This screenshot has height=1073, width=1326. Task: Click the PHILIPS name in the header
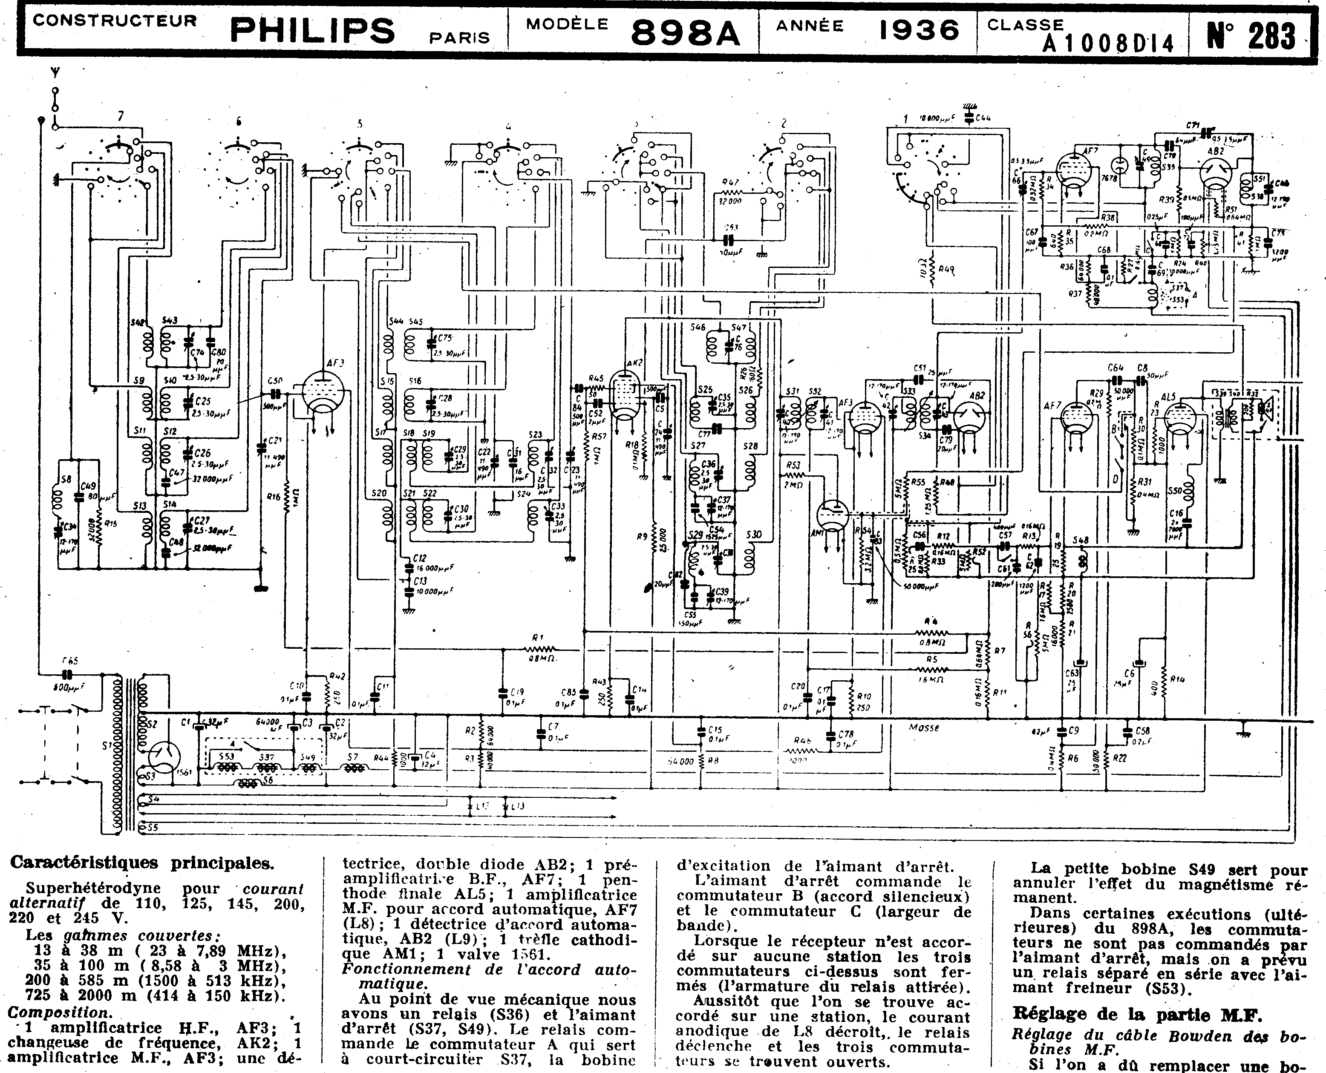312,30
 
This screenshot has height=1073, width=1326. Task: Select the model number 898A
685,32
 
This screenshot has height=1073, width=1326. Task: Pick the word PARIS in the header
459,38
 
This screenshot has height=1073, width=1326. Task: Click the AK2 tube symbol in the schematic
624,394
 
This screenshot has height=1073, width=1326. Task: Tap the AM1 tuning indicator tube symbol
831,517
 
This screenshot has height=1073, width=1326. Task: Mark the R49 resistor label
946,270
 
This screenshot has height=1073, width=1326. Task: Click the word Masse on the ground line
924,728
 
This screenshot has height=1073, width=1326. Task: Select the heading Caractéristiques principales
142,863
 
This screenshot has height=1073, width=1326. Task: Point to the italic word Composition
59,1013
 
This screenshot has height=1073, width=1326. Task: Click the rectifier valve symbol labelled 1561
165,758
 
